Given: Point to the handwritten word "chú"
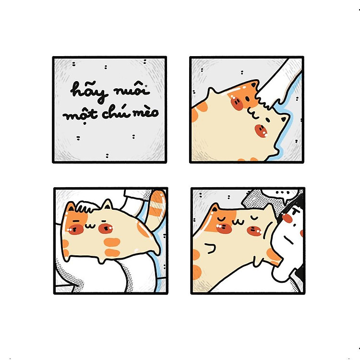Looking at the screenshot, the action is point(115,112).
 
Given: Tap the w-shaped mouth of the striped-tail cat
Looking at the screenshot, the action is point(90,226).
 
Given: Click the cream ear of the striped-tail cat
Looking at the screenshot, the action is point(107,204).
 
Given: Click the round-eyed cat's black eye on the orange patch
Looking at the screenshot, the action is point(247,99).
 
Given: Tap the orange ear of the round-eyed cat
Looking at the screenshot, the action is point(254,84).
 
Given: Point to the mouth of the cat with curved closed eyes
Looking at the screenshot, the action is point(238,222).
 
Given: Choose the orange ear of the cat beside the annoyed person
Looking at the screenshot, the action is point(215,208).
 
